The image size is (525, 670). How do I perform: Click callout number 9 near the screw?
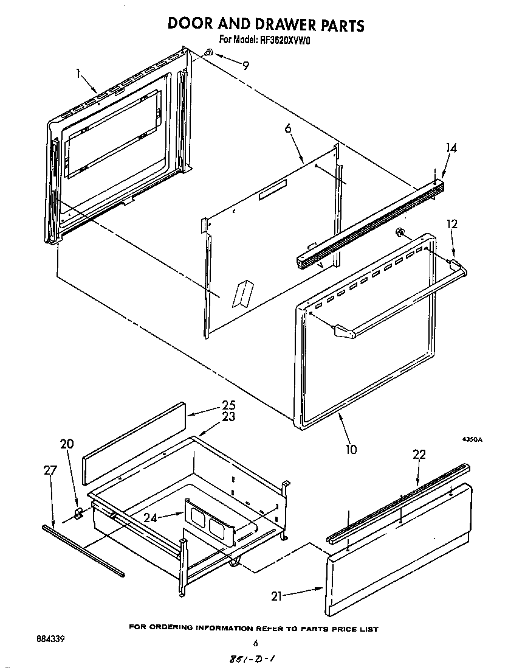point(245,66)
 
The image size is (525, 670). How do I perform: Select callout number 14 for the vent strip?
point(451,148)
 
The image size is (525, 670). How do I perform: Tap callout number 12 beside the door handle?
point(451,225)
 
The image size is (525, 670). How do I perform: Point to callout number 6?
point(288,128)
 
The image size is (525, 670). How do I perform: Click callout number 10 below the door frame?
point(351,450)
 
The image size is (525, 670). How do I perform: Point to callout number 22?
point(419,455)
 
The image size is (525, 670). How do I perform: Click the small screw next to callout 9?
point(208,54)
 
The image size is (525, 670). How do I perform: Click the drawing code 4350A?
point(472,439)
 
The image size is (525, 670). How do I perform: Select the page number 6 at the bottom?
point(255,643)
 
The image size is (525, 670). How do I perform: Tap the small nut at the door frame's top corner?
point(400,231)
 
